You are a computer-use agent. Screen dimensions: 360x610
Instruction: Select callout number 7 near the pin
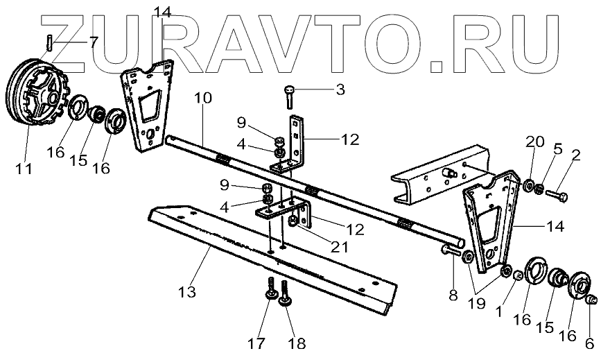94,42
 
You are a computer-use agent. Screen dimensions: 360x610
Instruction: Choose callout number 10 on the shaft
202,98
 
